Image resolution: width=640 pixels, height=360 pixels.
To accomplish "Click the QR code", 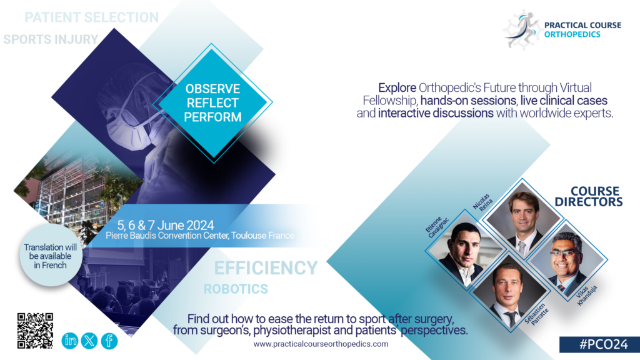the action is (x=35, y=331).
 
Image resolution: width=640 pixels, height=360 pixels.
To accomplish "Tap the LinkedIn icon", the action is (x=70, y=341).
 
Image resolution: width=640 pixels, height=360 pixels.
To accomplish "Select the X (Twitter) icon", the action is (x=89, y=341).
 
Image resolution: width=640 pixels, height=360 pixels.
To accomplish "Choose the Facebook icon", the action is (x=109, y=341).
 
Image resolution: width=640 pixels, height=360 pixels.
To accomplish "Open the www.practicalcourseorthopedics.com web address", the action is (x=321, y=344).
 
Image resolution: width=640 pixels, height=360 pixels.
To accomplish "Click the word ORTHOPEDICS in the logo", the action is (x=572, y=34).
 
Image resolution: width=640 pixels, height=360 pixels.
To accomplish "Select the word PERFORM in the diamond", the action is (x=212, y=117).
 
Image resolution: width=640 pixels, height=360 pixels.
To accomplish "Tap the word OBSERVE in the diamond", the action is (x=212, y=89).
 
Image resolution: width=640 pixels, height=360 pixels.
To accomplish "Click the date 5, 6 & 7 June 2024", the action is (x=166, y=225).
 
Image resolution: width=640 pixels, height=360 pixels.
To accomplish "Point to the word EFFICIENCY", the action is (x=266, y=268).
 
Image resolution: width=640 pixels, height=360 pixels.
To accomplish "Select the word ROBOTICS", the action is (x=236, y=289).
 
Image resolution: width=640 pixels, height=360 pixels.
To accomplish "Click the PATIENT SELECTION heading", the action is (x=92, y=17).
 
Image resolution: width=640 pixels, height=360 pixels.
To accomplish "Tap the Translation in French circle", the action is (x=51, y=255).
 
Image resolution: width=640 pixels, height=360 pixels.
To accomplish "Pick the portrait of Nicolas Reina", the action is (x=523, y=219).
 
